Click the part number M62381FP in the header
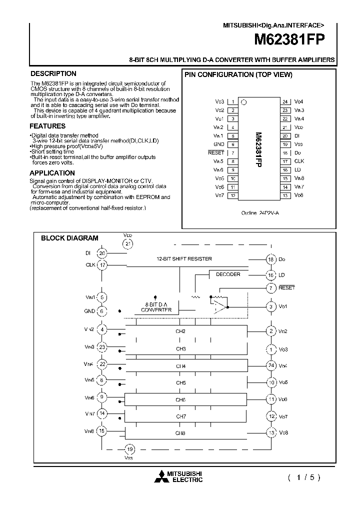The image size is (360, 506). tap(291, 39)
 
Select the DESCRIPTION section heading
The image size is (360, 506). tap(53, 73)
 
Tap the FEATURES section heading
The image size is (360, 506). tap(47, 126)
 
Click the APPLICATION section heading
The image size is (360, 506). tap(52, 173)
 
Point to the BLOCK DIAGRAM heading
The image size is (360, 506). tap(69, 238)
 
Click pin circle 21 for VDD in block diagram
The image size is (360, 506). tap(128, 243)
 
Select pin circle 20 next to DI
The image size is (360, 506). tap(102, 253)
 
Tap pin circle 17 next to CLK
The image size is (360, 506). tap(102, 265)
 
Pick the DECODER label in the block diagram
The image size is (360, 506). tap(228, 274)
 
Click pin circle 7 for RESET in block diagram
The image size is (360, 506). tap(271, 288)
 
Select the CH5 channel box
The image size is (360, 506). tap(180, 383)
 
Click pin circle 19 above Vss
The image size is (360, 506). tap(129, 448)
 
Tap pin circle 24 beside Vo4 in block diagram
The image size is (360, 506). tap(271, 365)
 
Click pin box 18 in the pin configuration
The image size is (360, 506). tap(285, 152)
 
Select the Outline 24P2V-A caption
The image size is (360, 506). tap(259, 212)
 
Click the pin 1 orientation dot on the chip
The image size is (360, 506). tap(244, 102)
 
